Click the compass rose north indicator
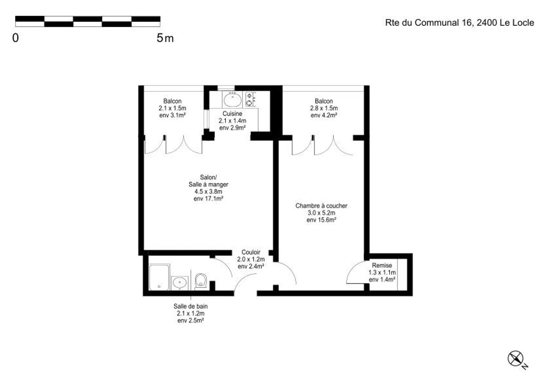(516, 359)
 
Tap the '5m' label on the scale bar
(165, 38)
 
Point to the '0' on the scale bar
(16, 38)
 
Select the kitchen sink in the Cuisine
(232, 100)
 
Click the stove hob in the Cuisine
(250, 99)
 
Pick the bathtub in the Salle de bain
(159, 277)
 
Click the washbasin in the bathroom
(179, 283)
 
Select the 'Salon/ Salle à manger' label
(208, 181)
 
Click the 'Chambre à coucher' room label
(321, 206)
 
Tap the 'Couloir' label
(251, 252)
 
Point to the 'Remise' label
(382, 265)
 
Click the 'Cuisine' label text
(232, 114)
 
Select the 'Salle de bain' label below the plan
(191, 306)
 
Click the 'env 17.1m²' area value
(208, 199)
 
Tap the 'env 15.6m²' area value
(321, 220)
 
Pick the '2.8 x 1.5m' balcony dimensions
(324, 108)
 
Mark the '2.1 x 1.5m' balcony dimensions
(172, 108)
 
